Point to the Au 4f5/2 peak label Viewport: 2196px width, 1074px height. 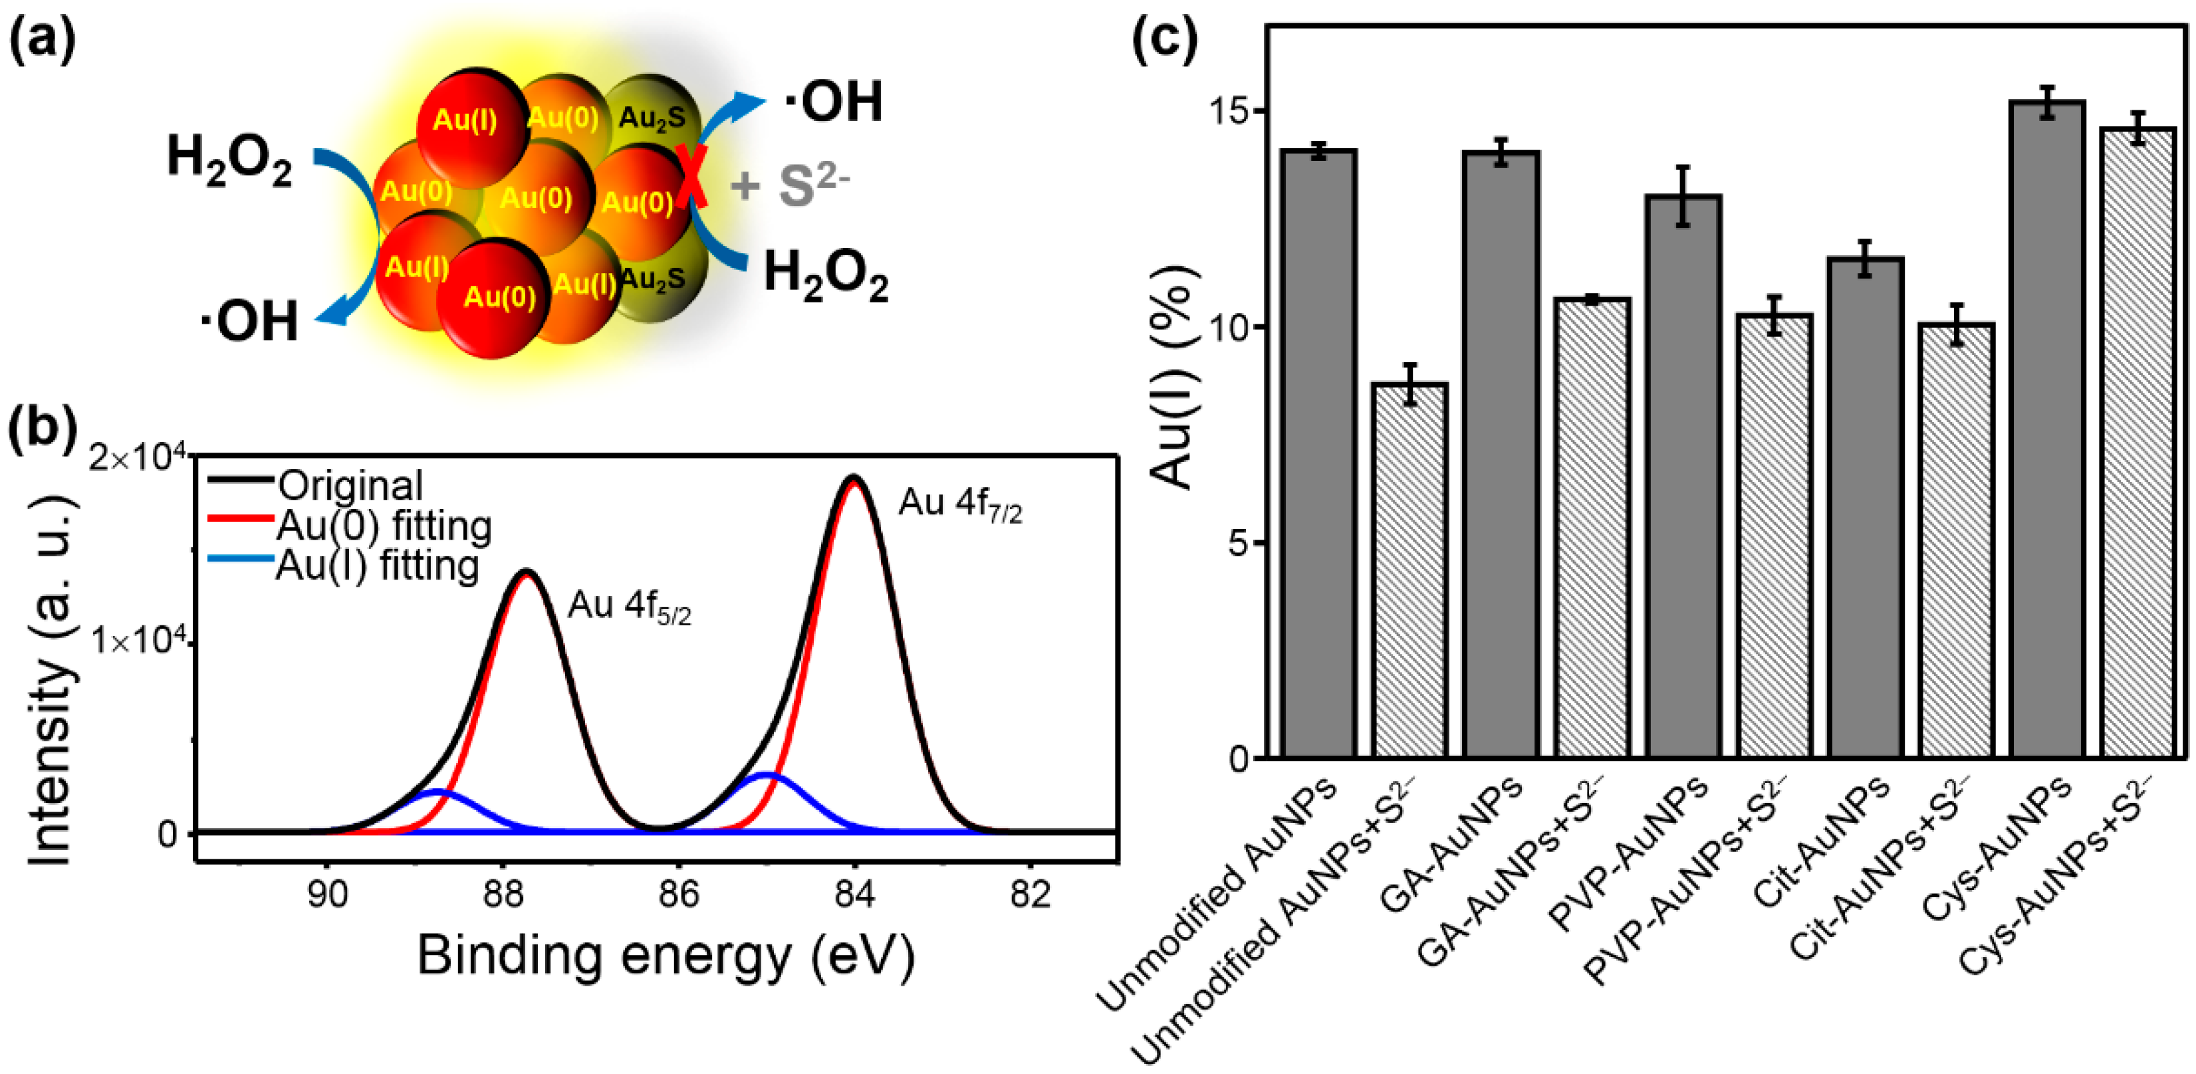(629, 607)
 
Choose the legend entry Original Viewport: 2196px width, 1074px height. (350, 486)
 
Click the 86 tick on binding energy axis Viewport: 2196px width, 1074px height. (679, 893)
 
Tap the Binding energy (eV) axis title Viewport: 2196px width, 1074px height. (666, 954)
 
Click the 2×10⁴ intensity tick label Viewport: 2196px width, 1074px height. (136, 458)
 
